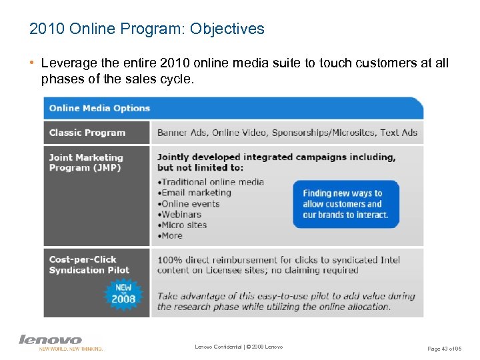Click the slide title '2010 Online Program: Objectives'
coord(147,29)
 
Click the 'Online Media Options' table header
coord(99,108)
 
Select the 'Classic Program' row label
coord(87,133)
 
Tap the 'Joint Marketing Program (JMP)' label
coord(86,163)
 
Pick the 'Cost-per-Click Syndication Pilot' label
coord(89,265)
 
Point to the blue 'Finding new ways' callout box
coord(345,204)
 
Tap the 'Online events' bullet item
coord(192,203)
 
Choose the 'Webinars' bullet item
coord(181,214)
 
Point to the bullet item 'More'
coord(171,235)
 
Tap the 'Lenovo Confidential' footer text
coord(239,347)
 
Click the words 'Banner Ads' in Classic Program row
coord(181,133)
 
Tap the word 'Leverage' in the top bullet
coord(64,63)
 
